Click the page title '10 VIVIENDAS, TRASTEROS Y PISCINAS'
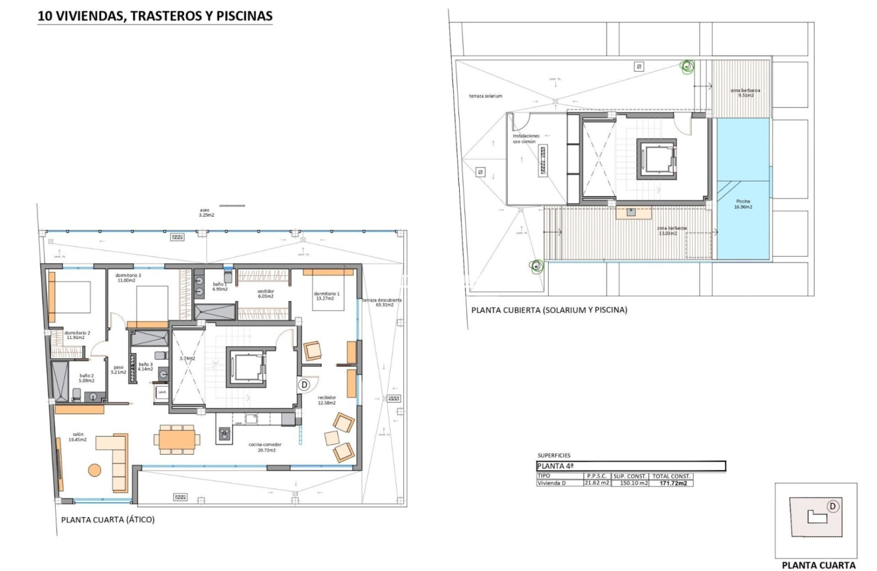pyautogui.click(x=155, y=17)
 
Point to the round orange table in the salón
pyautogui.click(x=95, y=470)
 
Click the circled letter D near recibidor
pyautogui.click(x=304, y=384)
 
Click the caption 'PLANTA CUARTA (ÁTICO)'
pyautogui.click(x=108, y=520)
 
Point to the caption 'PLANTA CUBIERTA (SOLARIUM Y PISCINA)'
pyautogui.click(x=549, y=310)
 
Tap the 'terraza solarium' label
pyautogui.click(x=485, y=96)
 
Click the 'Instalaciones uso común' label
pyautogui.click(x=526, y=138)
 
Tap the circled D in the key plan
pyautogui.click(x=832, y=506)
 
